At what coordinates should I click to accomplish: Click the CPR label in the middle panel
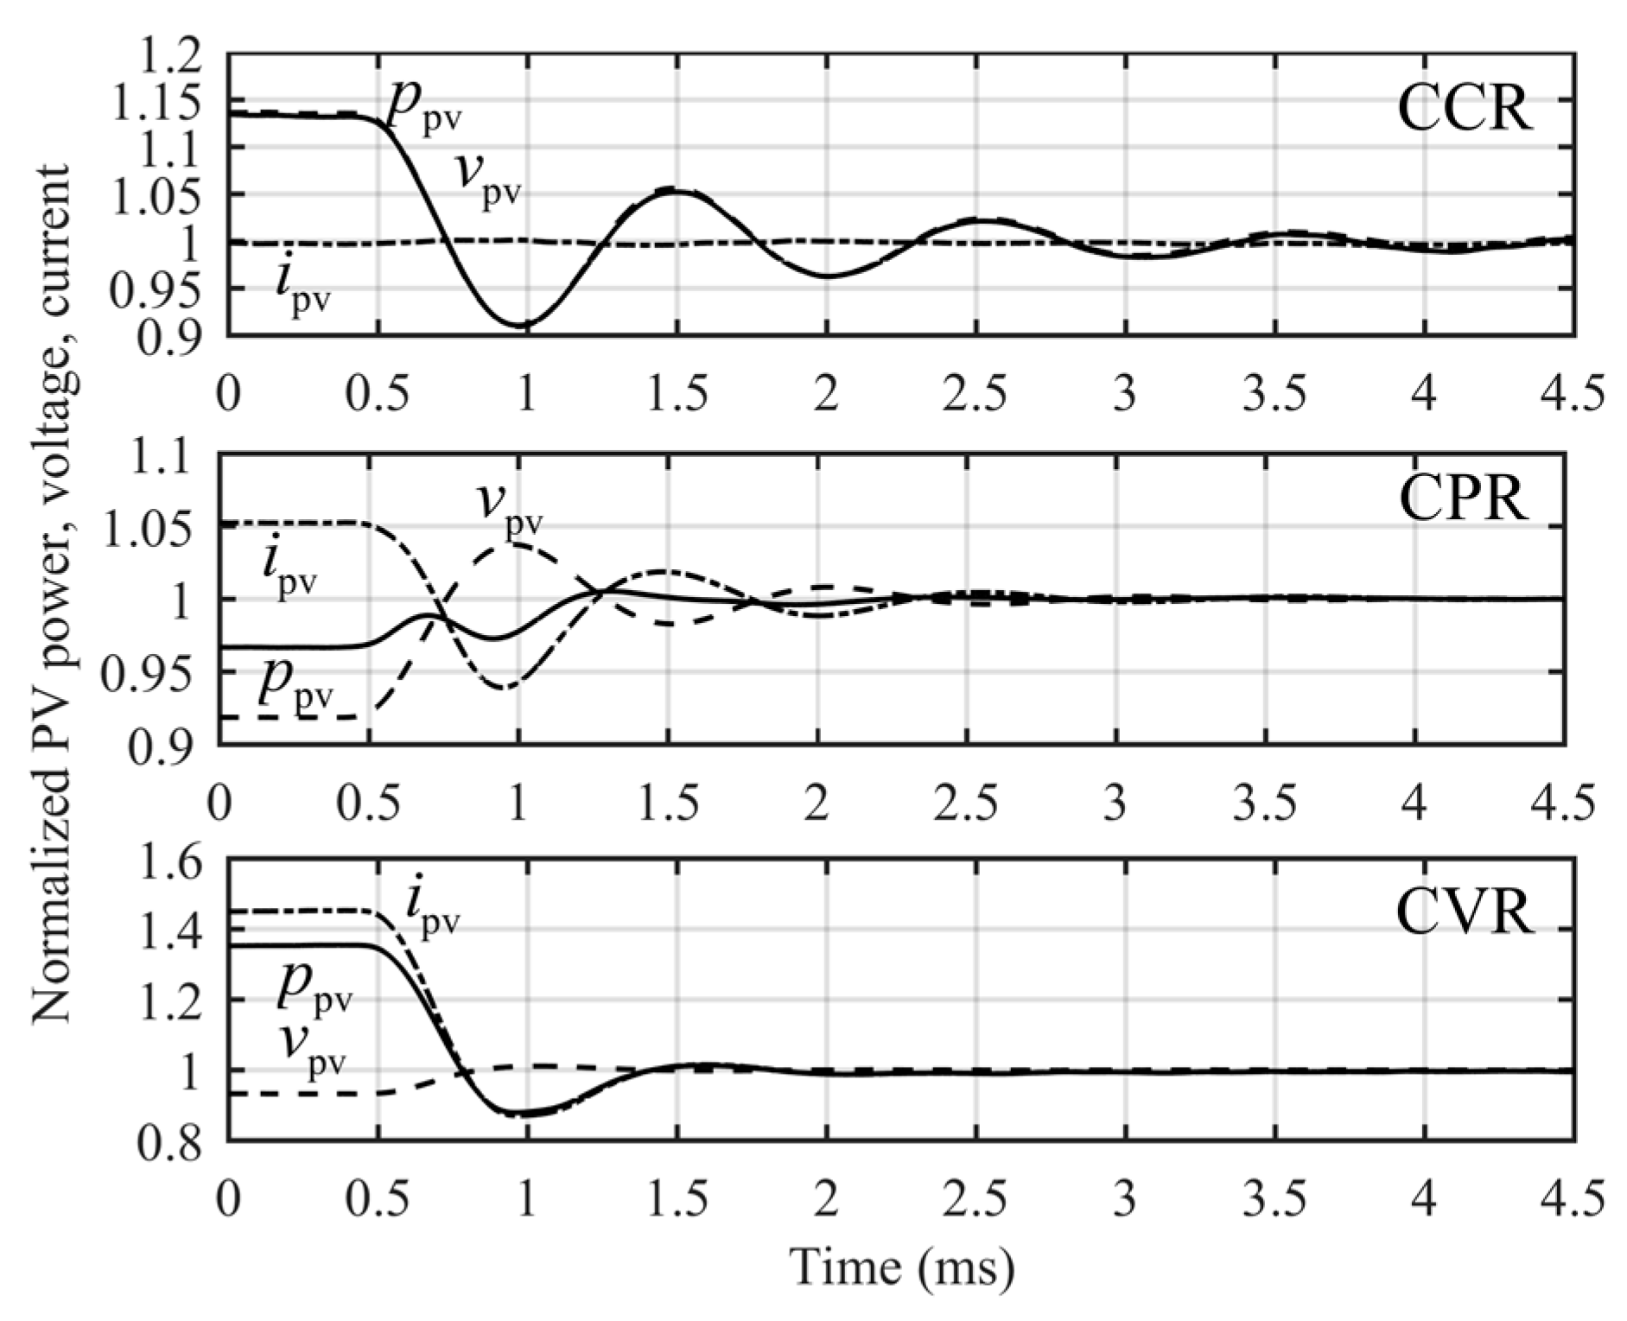[1463, 499]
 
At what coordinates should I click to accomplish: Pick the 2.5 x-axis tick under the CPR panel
[967, 803]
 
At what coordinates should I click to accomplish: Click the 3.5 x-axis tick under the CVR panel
[1273, 1198]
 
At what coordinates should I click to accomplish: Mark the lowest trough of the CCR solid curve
[524, 325]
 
